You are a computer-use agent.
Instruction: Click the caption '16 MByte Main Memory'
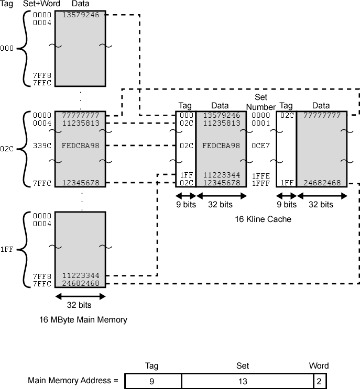coord(83,319)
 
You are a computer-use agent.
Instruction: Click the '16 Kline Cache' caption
coord(263,219)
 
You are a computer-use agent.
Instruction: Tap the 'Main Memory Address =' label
coord(73,380)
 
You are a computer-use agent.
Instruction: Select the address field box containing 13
coord(247,381)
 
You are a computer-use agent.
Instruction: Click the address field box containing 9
coord(152,381)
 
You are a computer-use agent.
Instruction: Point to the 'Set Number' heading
coord(261,102)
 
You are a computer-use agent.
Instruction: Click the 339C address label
coord(42,146)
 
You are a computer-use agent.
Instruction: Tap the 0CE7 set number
coord(260,146)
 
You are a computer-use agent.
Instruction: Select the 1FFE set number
coord(260,176)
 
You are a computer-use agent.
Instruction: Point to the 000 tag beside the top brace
coord(7,49)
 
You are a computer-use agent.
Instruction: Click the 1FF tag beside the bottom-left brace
coord(7,250)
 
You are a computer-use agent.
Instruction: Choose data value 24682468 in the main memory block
coord(80,283)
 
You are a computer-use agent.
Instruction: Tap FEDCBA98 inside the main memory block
coord(80,146)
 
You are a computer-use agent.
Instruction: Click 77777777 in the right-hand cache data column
coord(321,115)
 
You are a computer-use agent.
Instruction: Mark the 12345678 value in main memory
coord(80,183)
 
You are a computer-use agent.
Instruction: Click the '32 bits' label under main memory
coord(80,305)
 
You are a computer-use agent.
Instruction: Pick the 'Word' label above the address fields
coord(319,366)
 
